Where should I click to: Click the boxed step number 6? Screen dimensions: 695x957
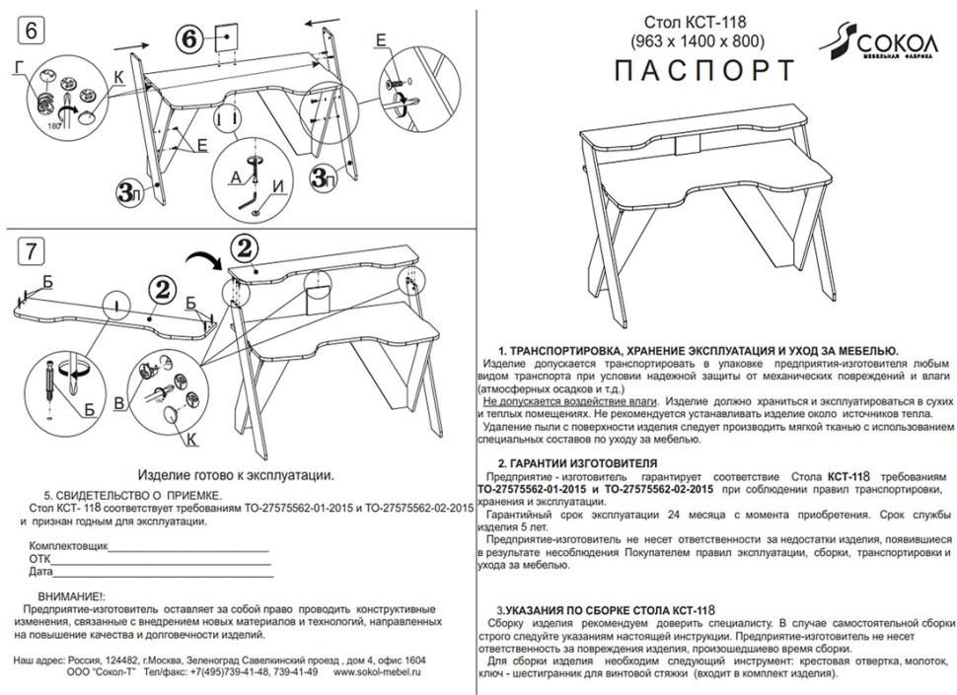[31, 31]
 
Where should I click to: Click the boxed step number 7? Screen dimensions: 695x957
[31, 251]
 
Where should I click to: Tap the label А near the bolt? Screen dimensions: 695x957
[234, 177]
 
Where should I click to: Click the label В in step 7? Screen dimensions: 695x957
[119, 404]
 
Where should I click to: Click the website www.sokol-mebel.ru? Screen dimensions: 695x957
[378, 671]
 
